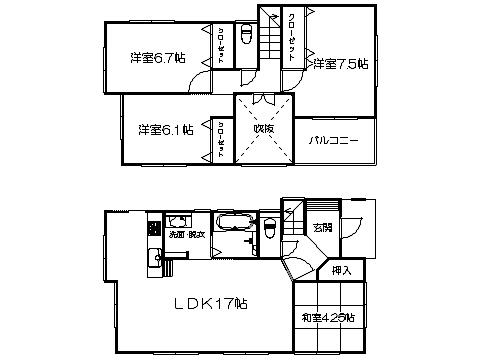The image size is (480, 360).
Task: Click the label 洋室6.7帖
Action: [157, 58]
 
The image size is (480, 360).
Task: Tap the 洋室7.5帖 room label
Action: [340, 64]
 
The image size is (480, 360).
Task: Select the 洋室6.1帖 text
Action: [166, 129]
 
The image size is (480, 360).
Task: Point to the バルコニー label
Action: [333, 139]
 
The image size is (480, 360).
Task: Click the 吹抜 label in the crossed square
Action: [263, 129]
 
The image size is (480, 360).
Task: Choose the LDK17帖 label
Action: [213, 304]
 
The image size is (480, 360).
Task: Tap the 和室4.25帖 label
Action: [329, 317]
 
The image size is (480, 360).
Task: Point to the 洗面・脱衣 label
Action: [187, 234]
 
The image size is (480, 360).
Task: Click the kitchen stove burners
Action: [155, 229]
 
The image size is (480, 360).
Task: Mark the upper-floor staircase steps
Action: [268, 40]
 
